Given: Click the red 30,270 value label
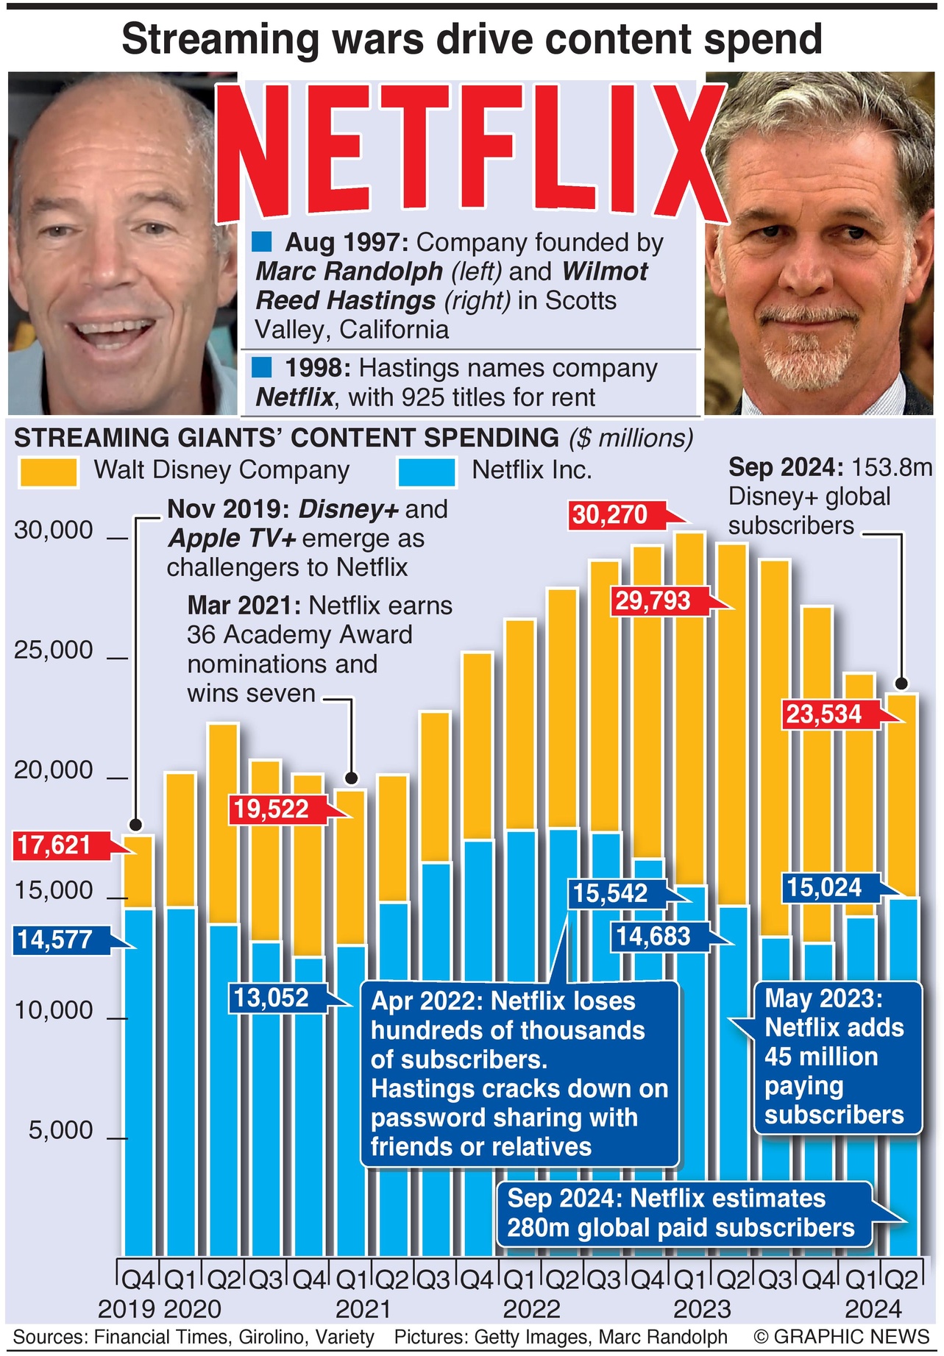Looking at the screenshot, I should [611, 515].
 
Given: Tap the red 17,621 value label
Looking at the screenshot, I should [55, 845].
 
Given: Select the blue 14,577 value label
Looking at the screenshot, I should [55, 940].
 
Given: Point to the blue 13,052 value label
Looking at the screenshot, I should [272, 998].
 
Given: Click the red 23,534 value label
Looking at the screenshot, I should [824, 714].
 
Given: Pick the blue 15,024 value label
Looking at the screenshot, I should [824, 887].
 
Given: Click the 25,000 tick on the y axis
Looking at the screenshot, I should [54, 650].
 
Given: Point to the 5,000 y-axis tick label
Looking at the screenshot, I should [61, 1130].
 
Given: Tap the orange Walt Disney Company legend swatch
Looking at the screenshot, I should [49, 472].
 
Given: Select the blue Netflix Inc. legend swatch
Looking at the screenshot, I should [426, 472].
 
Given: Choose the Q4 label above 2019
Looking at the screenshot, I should [137, 1280].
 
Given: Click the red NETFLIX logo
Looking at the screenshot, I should [471, 151].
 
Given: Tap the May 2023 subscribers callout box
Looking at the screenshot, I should [837, 1057].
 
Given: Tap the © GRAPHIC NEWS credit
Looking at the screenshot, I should [841, 1337].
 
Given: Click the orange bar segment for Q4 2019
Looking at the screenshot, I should [138, 872].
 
